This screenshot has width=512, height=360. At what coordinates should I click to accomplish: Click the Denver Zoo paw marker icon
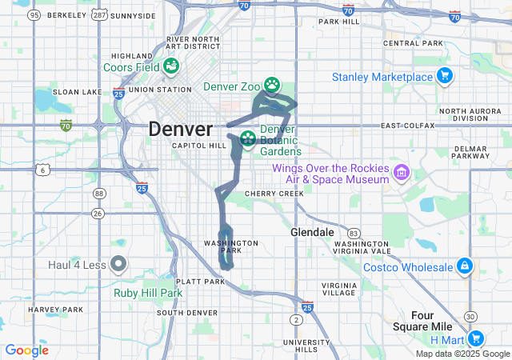point(273,83)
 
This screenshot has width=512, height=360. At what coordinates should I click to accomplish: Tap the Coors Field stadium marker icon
point(170,66)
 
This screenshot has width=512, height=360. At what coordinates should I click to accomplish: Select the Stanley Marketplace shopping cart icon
point(445,77)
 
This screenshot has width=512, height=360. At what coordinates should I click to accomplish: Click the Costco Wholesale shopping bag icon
point(463,266)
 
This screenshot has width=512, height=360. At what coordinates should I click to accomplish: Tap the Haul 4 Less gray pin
point(118,262)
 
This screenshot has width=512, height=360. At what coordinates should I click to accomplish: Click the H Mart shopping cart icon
point(476,338)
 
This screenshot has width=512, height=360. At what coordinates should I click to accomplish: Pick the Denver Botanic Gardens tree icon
point(248,139)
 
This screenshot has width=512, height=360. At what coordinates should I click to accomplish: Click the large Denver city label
point(181,129)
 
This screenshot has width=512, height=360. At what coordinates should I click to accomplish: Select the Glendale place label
point(312,232)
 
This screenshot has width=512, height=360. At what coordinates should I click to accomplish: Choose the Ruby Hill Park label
point(149,293)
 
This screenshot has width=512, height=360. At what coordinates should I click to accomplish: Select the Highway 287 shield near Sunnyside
point(99,15)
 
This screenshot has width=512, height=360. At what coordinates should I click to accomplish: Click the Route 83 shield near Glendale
point(354,231)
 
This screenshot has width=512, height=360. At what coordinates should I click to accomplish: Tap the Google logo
point(27,350)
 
